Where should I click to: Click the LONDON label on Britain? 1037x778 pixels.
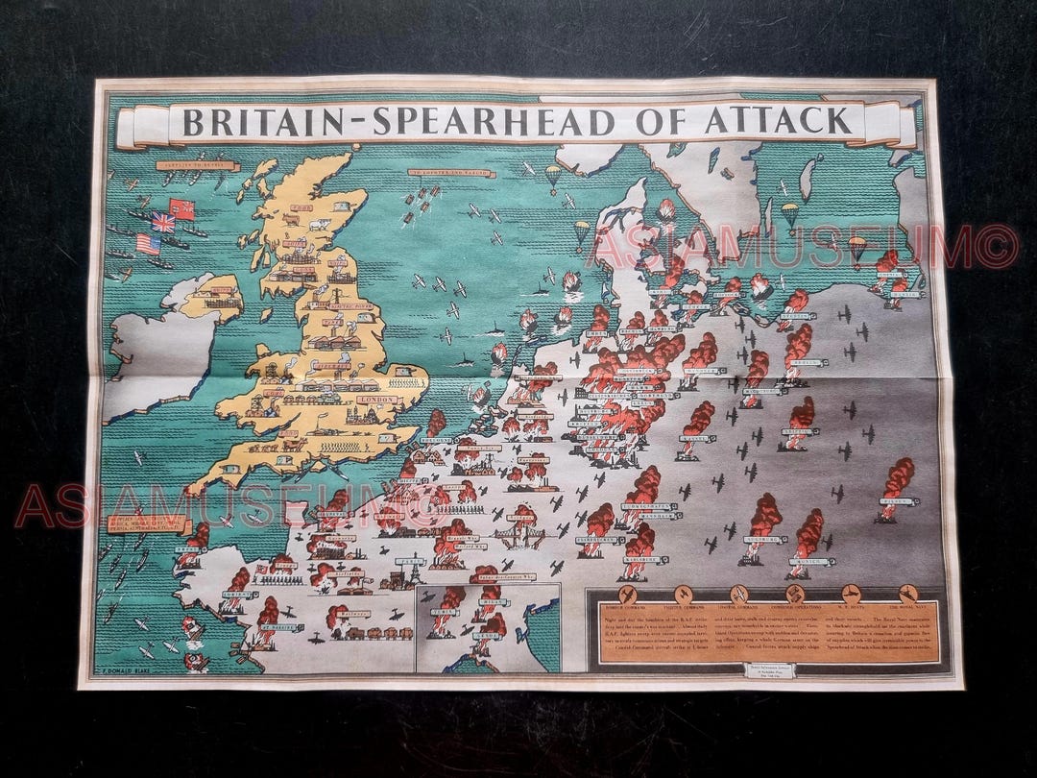point(374,400)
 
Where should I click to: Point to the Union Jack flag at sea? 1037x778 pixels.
point(163,222)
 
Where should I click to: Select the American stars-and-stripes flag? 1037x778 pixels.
point(148,244)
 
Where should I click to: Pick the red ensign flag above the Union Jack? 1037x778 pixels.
point(181,207)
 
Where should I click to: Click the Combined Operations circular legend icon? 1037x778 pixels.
point(794,594)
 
